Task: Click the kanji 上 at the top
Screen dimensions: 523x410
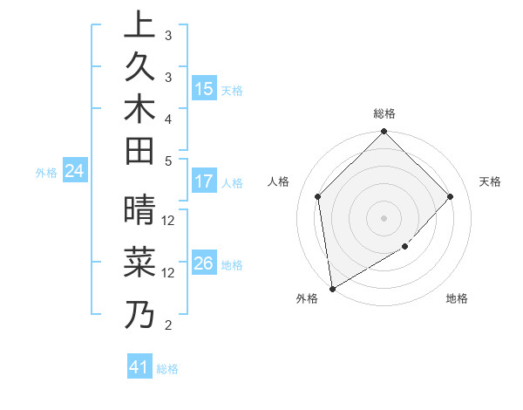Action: [139, 24]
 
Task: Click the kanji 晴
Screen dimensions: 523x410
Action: [139, 210]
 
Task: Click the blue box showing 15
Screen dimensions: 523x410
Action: [204, 89]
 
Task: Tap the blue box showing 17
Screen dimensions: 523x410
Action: [204, 182]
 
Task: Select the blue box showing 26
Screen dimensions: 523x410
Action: [204, 263]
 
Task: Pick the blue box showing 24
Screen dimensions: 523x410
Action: [75, 172]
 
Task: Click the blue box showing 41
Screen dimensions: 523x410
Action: [139, 367]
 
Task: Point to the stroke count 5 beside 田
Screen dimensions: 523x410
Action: [168, 161]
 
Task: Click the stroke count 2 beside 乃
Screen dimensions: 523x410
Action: [168, 325]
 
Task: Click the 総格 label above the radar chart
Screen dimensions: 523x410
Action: [384, 113]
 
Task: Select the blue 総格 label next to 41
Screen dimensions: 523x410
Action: [167, 369]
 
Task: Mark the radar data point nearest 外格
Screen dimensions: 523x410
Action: [332, 288]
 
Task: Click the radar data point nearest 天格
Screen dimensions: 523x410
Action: [450, 196]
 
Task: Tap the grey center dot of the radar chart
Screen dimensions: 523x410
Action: [384, 217]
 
